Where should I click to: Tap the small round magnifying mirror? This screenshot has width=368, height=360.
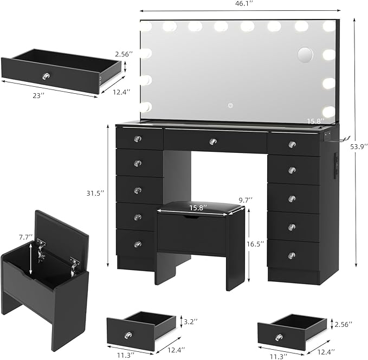tap(306, 55)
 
